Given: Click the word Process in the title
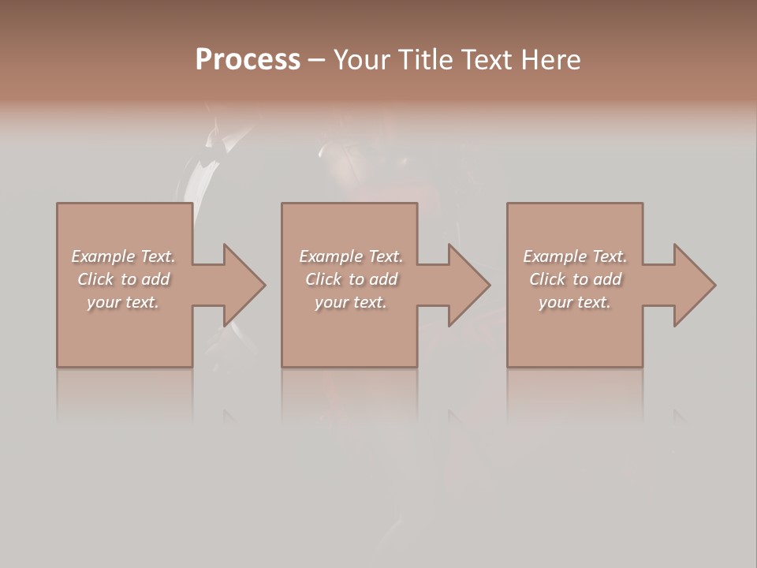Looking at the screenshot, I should (248, 59).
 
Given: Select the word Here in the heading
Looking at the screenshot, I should (550, 59).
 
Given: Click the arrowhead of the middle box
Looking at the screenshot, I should (468, 285).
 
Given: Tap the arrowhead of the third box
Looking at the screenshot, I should (694, 285).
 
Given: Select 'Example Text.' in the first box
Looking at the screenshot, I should (123, 256).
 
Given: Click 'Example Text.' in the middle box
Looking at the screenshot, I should (350, 256).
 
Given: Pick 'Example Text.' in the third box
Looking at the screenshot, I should (575, 256).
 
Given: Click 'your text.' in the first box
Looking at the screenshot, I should (123, 302).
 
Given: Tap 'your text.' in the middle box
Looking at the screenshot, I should (350, 302).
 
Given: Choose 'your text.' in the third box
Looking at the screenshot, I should (575, 302).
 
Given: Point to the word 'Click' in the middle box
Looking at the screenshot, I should (323, 279).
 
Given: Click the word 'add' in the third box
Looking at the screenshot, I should (608, 279).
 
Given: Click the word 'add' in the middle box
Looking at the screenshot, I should (384, 279).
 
